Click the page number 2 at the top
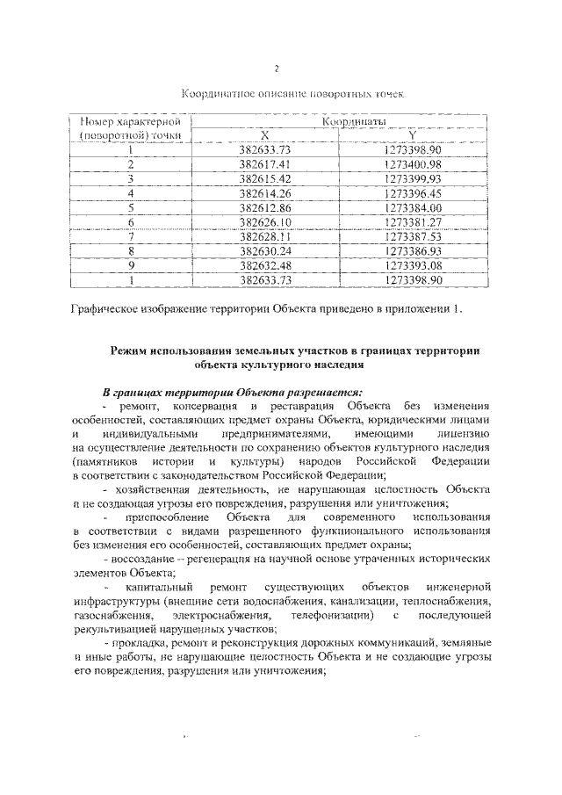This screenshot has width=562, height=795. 276,69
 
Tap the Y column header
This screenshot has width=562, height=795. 412,135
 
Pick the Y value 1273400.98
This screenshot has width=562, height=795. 412,164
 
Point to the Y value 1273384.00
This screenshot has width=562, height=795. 412,207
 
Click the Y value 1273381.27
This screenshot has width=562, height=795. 412,222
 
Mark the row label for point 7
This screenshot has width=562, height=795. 131,236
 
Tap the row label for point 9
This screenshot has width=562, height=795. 131,265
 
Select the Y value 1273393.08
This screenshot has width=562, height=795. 412,265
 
